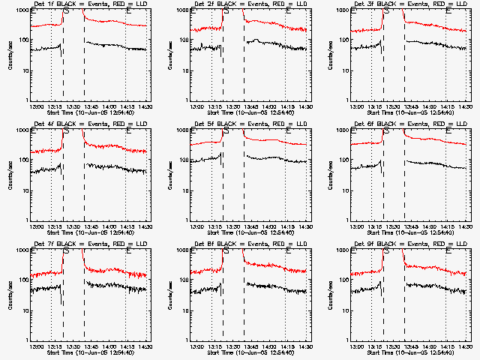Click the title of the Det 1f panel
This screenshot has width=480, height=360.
90,4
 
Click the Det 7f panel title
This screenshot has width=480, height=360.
90,244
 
